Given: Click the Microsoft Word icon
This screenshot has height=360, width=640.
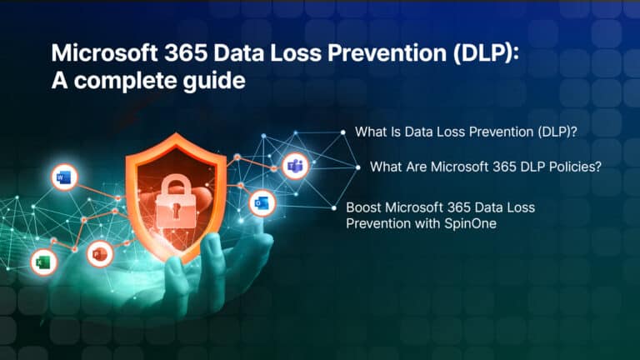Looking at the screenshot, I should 64,177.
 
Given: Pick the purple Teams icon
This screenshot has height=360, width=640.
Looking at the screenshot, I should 294,167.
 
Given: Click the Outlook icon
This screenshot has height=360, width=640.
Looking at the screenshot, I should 261,202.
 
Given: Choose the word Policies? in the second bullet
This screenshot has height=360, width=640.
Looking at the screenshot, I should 574,167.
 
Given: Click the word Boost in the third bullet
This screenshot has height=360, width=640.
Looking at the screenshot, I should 362,207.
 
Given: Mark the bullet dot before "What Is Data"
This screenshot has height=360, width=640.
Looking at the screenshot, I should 342,132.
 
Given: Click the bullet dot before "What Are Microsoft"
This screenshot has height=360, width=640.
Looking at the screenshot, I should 357,167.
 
